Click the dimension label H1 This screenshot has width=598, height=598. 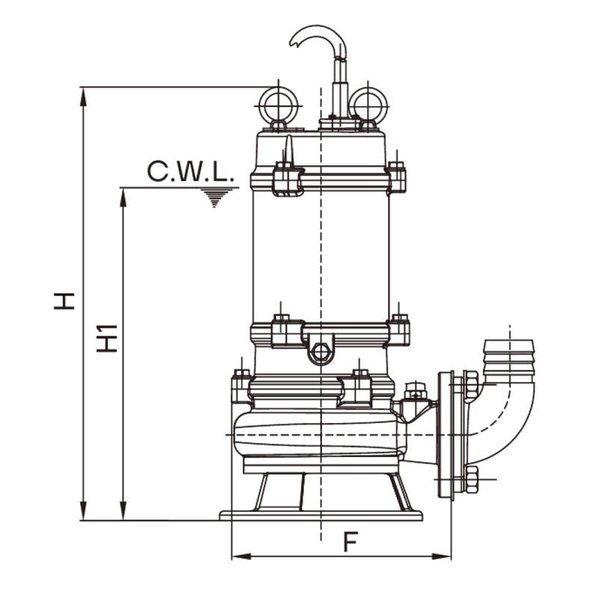pos(108,338)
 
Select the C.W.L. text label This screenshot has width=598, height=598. pos(191,171)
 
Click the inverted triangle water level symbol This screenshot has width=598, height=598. pos(215,197)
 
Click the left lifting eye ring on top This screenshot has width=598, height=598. pos(278,104)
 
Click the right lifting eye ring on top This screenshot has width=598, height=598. pos(368,104)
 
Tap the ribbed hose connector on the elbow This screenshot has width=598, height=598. pos(509,357)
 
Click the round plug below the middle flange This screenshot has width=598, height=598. pos(321,352)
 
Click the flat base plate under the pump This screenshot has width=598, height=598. pos(321,515)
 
